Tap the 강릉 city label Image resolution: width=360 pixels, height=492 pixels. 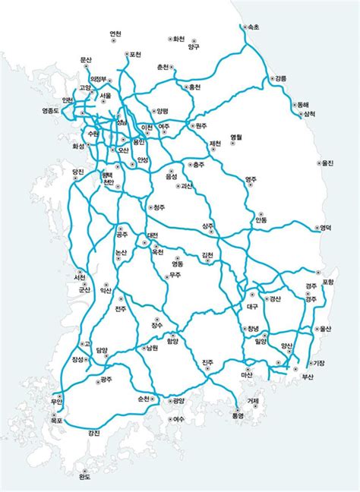(x=281, y=78)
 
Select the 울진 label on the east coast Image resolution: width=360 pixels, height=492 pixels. (x=327, y=162)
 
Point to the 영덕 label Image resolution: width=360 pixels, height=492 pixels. (x=326, y=227)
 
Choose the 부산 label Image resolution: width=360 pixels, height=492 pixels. (x=308, y=377)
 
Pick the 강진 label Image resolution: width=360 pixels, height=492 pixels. (x=93, y=433)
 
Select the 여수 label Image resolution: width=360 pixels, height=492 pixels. (x=179, y=418)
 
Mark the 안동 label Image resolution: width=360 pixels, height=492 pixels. (x=261, y=220)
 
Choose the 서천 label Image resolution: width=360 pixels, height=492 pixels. (x=79, y=278)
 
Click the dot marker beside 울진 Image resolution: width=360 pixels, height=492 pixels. (x=319, y=162)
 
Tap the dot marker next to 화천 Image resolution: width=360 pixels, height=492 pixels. (x=170, y=38)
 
